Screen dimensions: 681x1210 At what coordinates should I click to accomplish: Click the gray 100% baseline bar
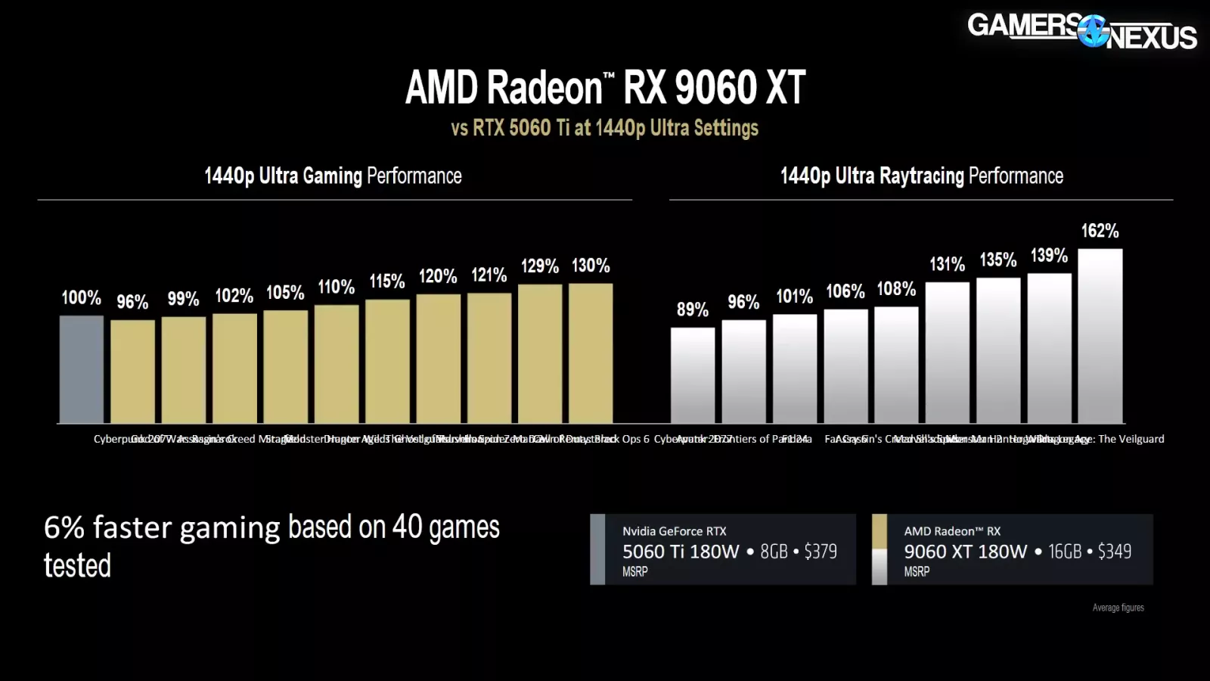click(82, 369)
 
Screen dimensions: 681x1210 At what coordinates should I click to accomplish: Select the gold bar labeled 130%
click(591, 353)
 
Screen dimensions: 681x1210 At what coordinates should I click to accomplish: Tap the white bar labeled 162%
click(1100, 336)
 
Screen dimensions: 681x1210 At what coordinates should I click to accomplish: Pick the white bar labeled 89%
click(693, 375)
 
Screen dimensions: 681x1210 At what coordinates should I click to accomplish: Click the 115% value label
click(387, 281)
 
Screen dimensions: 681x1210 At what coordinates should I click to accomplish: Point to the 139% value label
click(1049, 256)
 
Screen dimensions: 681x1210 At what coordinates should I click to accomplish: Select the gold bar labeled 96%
click(132, 372)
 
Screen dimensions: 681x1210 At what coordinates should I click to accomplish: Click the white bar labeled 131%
click(947, 353)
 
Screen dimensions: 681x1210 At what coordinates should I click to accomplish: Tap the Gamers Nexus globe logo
click(1093, 31)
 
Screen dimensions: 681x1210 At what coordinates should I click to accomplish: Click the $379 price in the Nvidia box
click(821, 552)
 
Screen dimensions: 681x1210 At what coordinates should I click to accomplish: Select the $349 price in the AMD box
click(1115, 552)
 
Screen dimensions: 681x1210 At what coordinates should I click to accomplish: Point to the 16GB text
click(1065, 552)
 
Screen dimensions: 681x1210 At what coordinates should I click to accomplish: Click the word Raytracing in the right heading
click(921, 176)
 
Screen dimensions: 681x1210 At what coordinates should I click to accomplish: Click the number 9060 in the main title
click(715, 88)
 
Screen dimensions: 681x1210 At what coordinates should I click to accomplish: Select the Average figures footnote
click(1118, 608)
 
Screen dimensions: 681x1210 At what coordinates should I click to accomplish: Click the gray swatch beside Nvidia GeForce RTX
click(597, 549)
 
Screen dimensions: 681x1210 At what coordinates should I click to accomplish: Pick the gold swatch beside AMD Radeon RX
click(879, 531)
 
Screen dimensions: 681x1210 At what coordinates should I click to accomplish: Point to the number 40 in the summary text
click(407, 527)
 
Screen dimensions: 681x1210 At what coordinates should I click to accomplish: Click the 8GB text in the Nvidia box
click(774, 552)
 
